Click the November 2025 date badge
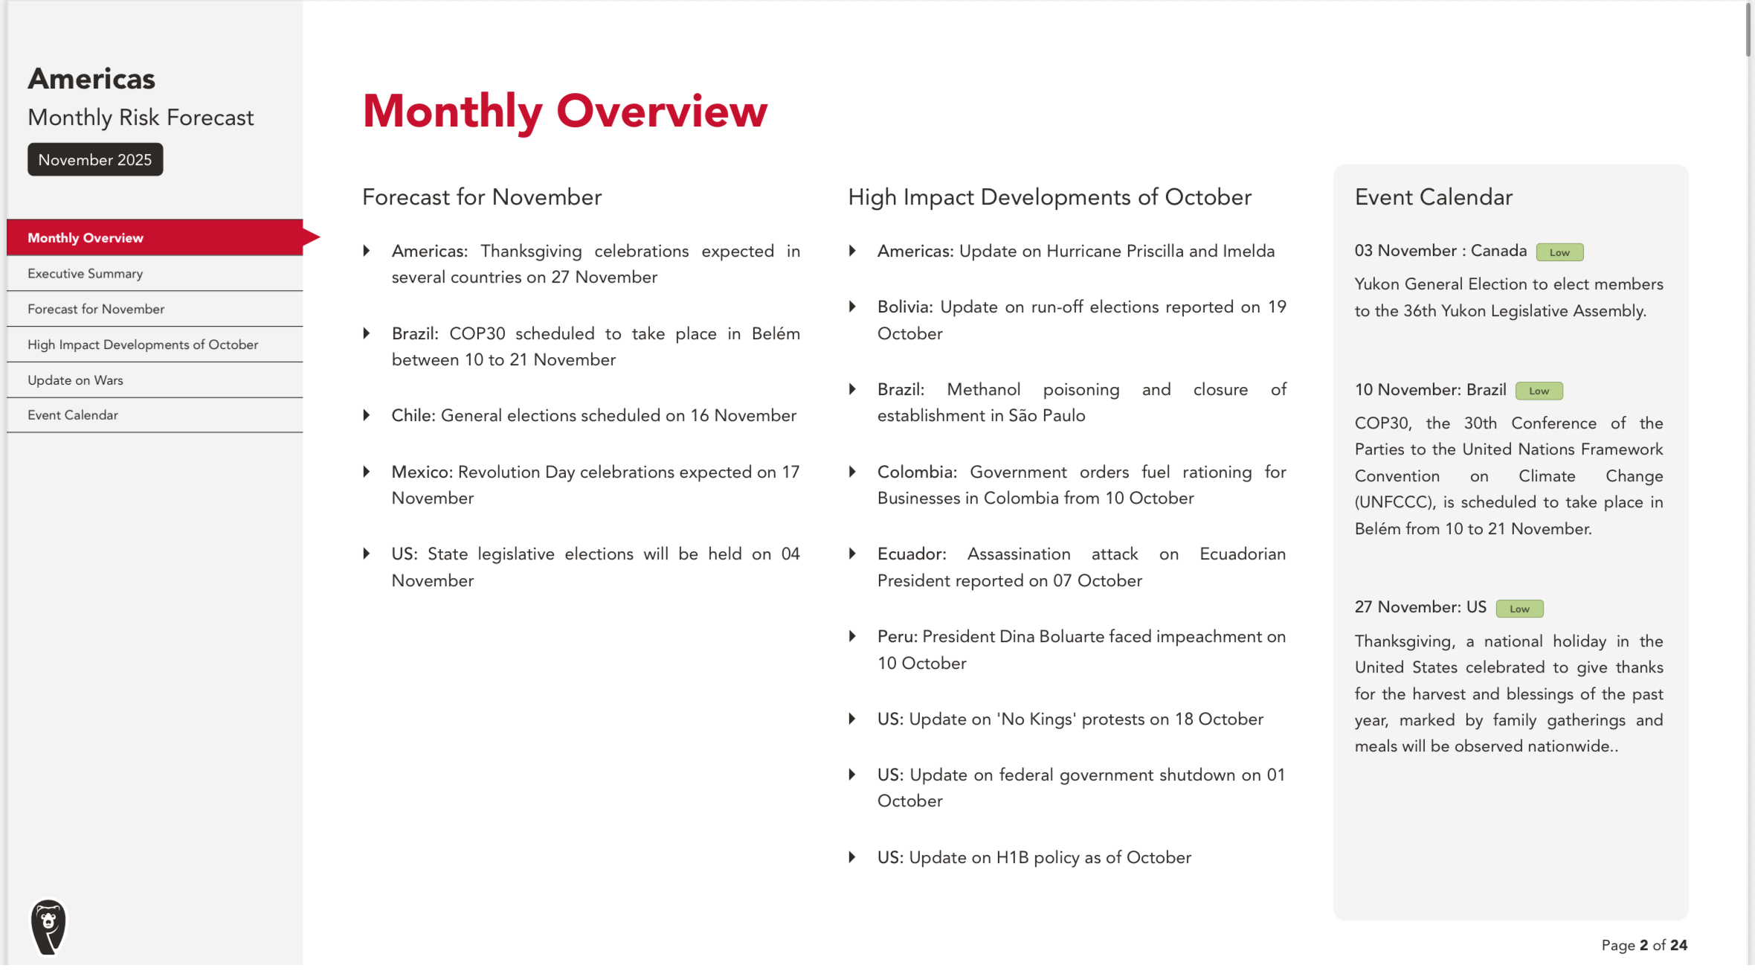95,160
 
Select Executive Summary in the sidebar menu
85,274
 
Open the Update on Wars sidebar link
75,380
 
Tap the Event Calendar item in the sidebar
73,415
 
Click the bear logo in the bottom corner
49,926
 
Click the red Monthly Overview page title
564,112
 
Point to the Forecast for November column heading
482,197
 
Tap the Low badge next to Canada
1559,253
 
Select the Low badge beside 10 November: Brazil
1539,391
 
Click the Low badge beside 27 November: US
1519,609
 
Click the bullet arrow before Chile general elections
367,416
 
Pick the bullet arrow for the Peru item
852,637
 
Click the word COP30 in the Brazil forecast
477,334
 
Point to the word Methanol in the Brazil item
983,390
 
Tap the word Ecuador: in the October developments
912,554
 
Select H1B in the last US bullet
1012,858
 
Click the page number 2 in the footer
1643,946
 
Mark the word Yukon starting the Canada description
1376,284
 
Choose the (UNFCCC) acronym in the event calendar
1394,503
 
